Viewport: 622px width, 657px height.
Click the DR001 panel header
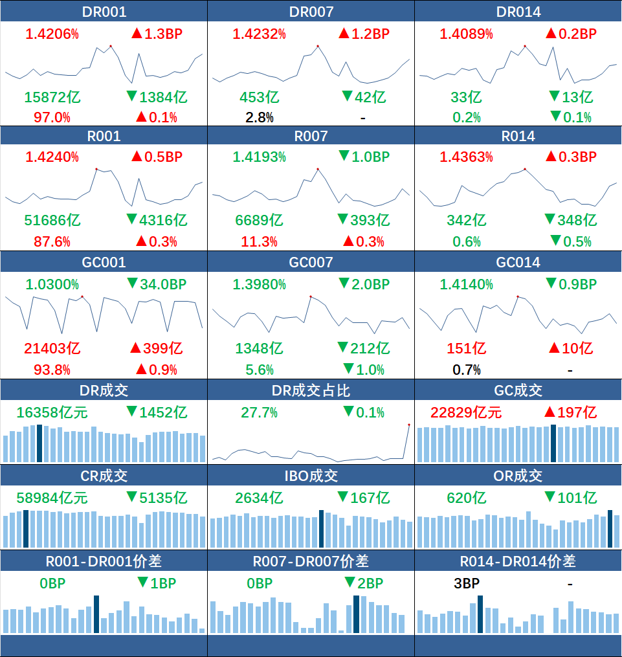(x=104, y=11)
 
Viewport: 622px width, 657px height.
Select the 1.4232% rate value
(x=260, y=34)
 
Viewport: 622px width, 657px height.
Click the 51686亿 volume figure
(x=52, y=220)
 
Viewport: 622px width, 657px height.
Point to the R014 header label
(x=518, y=136)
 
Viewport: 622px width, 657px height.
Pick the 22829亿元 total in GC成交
(x=466, y=413)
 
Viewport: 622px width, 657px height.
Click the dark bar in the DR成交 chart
(x=39, y=443)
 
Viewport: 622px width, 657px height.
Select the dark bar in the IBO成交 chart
(x=321, y=529)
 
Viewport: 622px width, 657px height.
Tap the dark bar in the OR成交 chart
(x=610, y=529)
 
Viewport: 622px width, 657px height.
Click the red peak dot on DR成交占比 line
(x=409, y=425)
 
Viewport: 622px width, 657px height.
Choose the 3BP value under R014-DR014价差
(x=467, y=583)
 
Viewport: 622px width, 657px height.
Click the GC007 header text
(x=311, y=262)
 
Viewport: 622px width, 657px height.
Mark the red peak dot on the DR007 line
(x=318, y=46)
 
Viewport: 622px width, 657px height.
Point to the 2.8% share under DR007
(x=260, y=118)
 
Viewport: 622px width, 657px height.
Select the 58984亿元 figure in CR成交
(x=52, y=498)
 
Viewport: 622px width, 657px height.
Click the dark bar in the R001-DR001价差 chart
(x=96, y=614)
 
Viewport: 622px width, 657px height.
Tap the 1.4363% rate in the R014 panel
(x=466, y=157)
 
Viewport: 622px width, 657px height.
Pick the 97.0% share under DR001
(x=52, y=118)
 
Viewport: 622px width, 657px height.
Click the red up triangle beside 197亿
(x=550, y=412)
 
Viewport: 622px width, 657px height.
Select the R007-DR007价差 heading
(x=311, y=561)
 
